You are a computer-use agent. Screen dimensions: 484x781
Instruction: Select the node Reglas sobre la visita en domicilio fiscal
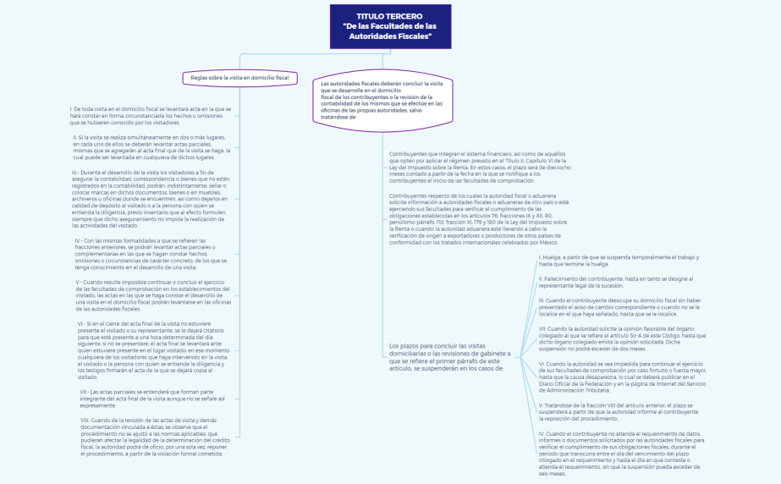[239, 78]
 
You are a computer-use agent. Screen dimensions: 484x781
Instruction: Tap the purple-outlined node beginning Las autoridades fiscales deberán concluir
[382, 100]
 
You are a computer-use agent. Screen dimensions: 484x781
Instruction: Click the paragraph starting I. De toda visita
[151, 116]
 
